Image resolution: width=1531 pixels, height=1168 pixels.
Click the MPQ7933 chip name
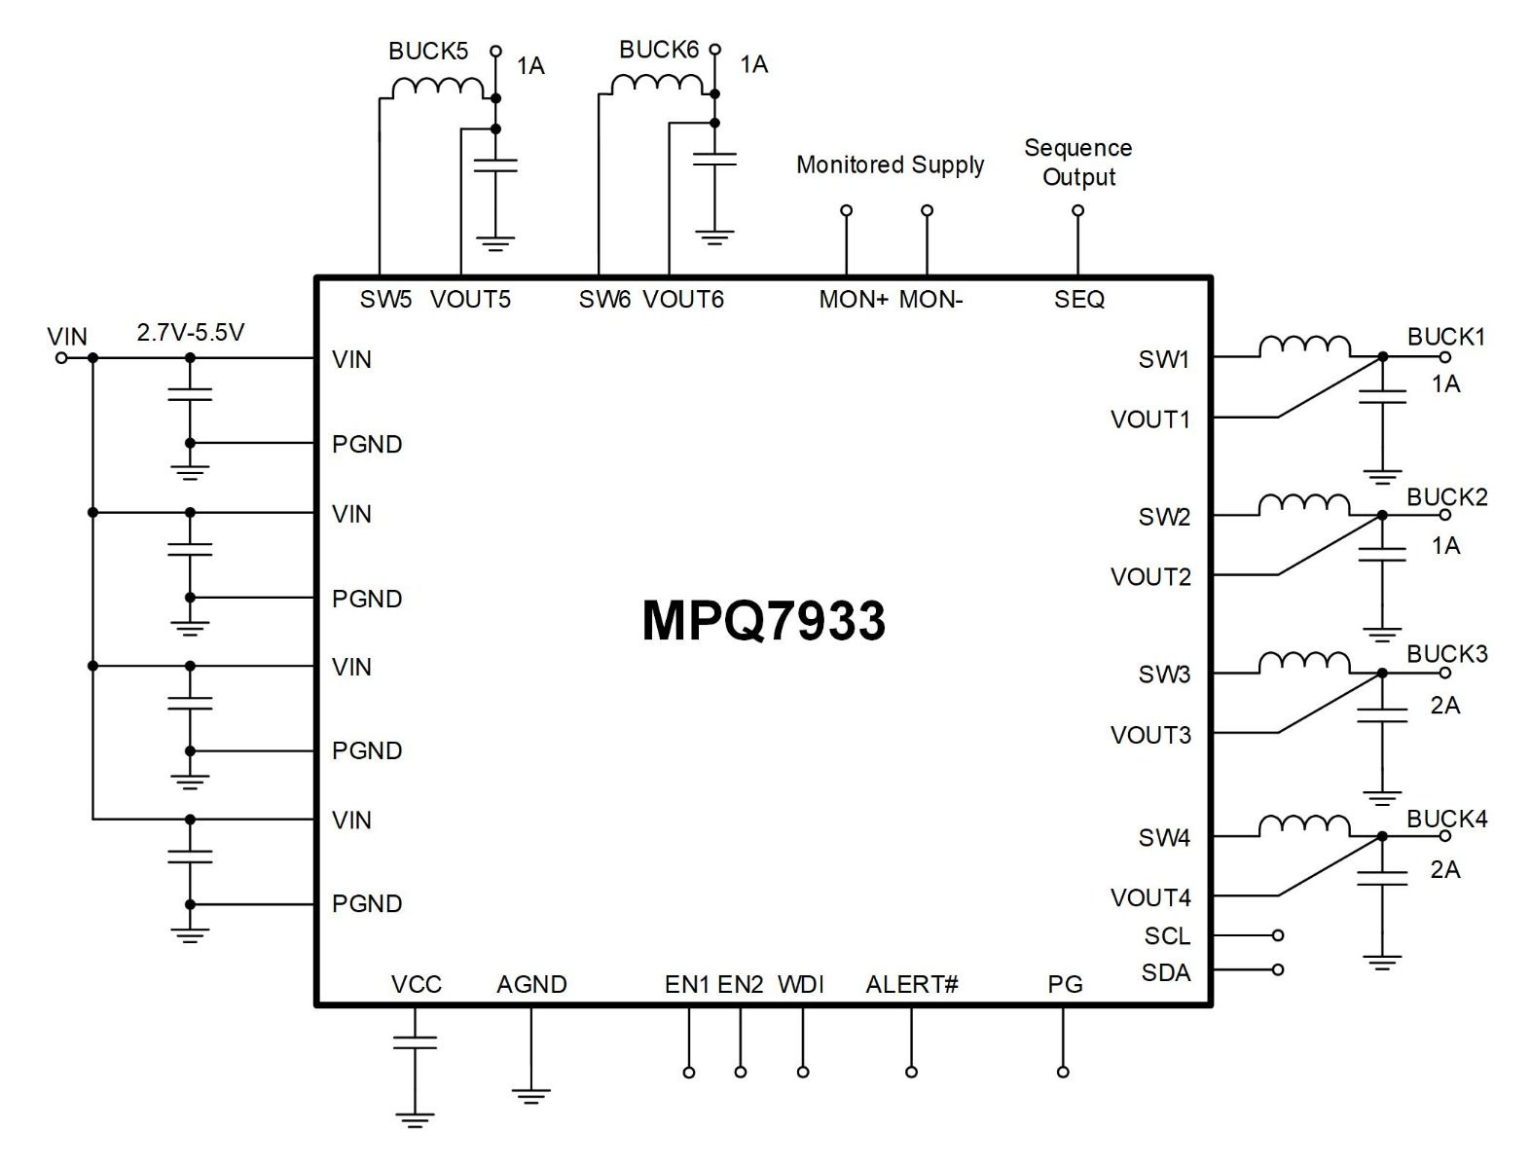tap(763, 620)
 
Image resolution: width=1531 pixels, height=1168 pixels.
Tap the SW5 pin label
tap(385, 299)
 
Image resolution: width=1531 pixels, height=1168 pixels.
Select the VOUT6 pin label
tap(683, 299)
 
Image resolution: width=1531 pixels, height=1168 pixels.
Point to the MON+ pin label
tap(853, 299)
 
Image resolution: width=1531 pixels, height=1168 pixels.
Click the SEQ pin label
tap(1079, 299)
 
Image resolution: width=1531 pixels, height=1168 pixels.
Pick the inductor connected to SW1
tap(1303, 347)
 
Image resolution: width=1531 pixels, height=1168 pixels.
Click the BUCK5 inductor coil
tap(437, 88)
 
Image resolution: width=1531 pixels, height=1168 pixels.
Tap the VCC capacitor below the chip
tap(415, 1041)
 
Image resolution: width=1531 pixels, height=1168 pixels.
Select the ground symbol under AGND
tap(530, 1096)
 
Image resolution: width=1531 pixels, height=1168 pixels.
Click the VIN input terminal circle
tap(61, 358)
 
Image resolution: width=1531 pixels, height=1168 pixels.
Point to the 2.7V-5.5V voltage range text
tap(191, 333)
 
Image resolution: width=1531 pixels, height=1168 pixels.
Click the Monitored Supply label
tap(890, 165)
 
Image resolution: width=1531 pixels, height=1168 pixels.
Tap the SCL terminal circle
tap(1278, 935)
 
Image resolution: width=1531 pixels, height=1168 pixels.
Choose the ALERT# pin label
tap(912, 984)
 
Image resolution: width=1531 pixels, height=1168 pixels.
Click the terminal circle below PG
tap(1063, 1072)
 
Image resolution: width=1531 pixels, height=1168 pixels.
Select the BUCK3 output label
tap(1446, 653)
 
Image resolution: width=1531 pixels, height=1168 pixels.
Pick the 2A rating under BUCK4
tap(1444, 869)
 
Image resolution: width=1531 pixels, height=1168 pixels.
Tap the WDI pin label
tap(801, 984)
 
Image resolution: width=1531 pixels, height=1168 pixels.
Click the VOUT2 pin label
tap(1150, 576)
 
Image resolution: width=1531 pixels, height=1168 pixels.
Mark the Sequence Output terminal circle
tap(1077, 210)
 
